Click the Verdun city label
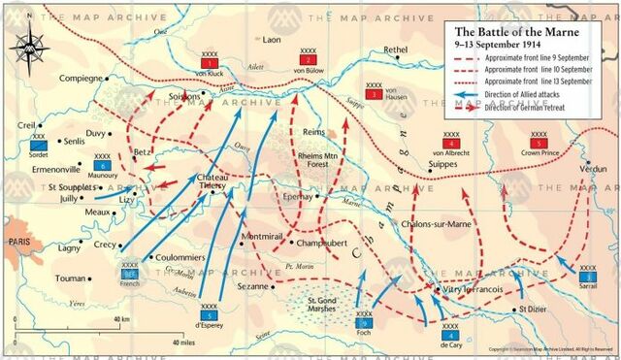pos(592,168)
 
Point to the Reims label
pos(313,131)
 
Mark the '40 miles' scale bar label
pos(184,343)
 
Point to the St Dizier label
pos(534,309)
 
